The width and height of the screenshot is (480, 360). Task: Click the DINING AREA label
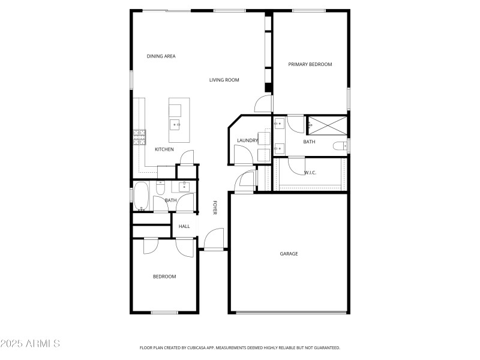click(x=161, y=56)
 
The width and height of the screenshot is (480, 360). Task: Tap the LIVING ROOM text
click(x=224, y=80)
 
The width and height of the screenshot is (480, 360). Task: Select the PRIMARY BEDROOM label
click(x=310, y=64)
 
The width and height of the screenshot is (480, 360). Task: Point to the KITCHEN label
click(x=164, y=149)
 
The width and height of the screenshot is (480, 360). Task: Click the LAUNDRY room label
click(x=247, y=141)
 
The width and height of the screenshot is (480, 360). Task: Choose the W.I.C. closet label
click(x=310, y=173)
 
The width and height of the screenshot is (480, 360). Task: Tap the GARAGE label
click(x=289, y=254)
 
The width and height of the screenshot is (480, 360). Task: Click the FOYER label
click(x=215, y=208)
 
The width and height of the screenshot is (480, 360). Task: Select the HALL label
click(x=184, y=226)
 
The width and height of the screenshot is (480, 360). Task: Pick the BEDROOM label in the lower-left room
click(x=164, y=277)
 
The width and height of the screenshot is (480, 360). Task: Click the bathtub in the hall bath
click(x=142, y=197)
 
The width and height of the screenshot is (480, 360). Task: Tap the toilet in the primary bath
click(x=339, y=146)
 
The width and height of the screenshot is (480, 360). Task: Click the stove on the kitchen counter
click(x=140, y=139)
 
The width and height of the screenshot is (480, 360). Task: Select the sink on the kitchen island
click(x=175, y=125)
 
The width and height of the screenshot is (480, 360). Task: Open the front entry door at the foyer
click(x=214, y=239)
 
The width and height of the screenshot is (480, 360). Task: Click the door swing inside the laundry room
click(x=242, y=155)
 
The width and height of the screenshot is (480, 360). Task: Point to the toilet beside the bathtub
click(x=160, y=188)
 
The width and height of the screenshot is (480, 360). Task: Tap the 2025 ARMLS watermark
click(x=30, y=344)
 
